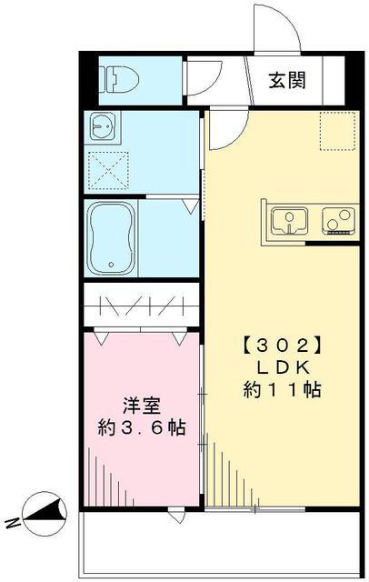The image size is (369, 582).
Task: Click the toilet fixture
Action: click(x=119, y=80)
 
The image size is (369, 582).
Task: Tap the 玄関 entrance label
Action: click(x=286, y=80)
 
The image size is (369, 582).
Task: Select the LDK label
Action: click(x=284, y=367)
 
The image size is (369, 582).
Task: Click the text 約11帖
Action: click(x=284, y=389)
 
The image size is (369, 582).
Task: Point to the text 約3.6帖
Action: click(x=141, y=427)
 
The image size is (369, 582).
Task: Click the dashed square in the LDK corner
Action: click(x=334, y=132)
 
